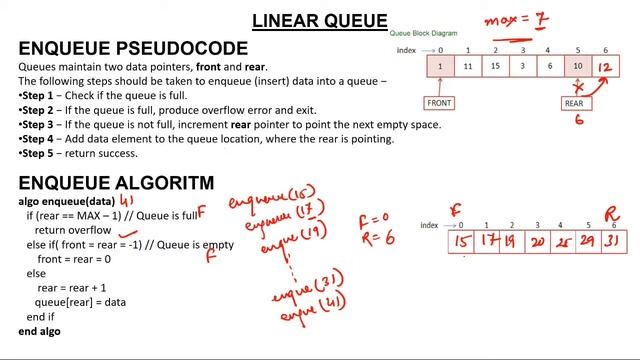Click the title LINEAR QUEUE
pos(319,20)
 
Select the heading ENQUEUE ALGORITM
pos(116,182)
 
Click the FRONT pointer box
pos(439,103)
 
